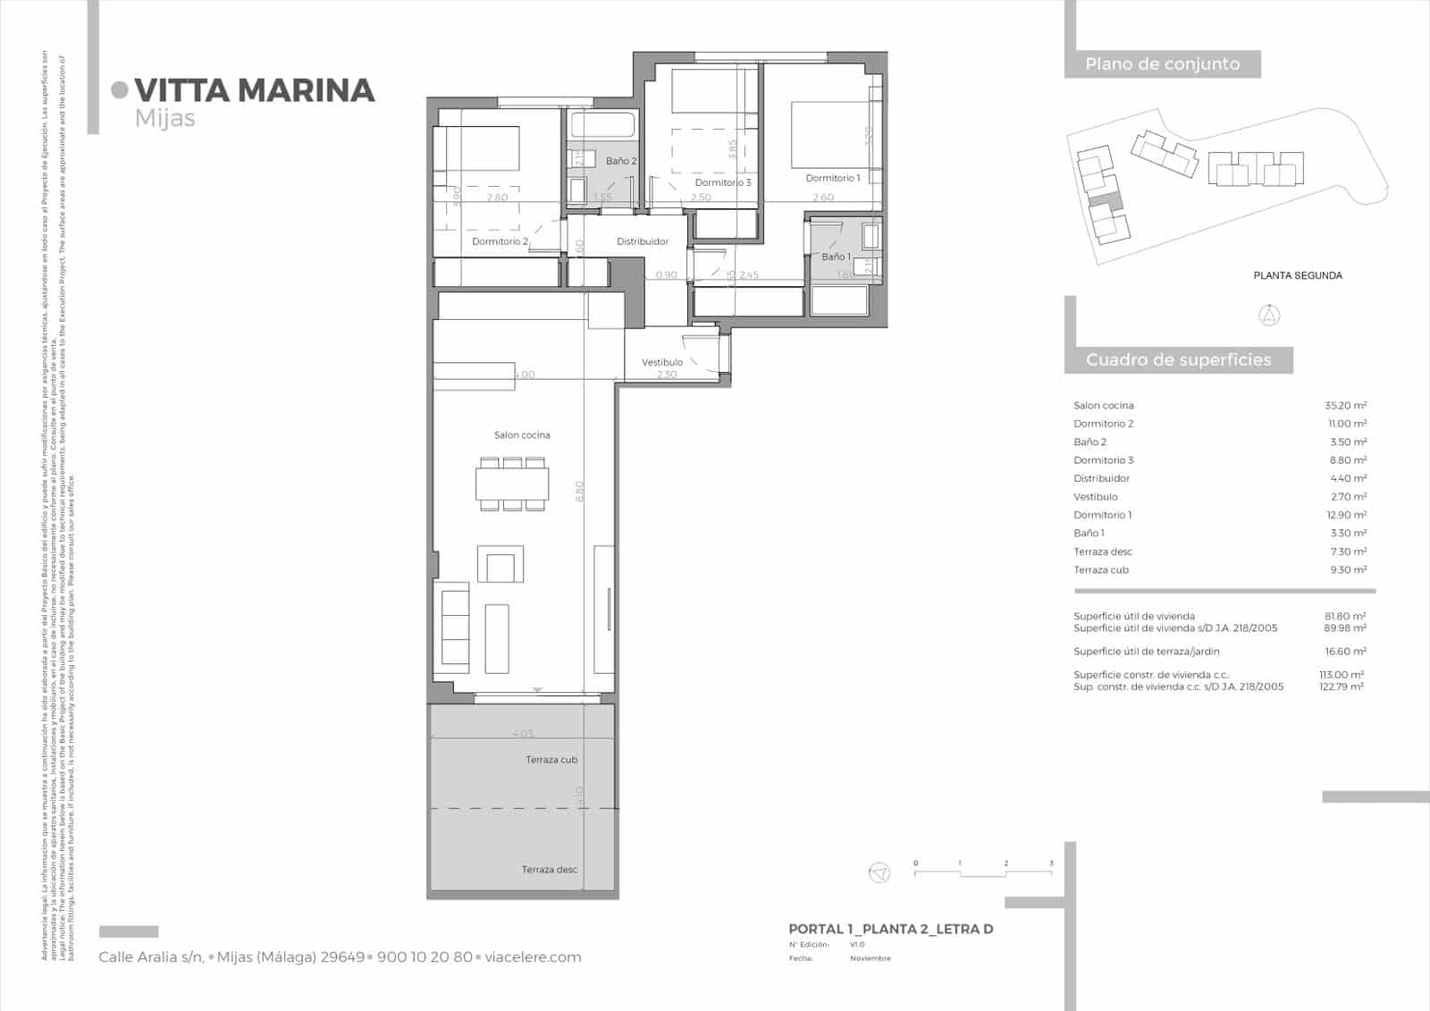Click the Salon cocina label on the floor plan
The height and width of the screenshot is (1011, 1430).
[522, 435]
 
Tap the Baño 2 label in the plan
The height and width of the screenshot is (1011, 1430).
[621, 161]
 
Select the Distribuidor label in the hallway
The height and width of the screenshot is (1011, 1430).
[643, 241]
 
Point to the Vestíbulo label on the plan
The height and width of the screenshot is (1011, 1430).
[662, 362]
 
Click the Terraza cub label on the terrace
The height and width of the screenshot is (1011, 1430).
[551, 760]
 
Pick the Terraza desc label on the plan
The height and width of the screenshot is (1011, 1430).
[550, 869]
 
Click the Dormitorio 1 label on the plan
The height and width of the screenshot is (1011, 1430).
[832, 178]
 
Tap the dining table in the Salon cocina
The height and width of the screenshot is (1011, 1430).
[511, 484]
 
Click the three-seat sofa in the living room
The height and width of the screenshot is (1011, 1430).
[455, 626]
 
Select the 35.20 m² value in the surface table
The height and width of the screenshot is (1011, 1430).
[1345, 406]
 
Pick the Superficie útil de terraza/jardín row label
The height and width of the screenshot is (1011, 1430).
[1147, 652]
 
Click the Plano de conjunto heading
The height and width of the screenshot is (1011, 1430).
[1162, 64]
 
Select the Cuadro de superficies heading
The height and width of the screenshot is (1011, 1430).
[1178, 360]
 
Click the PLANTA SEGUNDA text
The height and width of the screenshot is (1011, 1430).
[1298, 275]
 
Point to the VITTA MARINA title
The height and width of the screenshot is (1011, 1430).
[255, 90]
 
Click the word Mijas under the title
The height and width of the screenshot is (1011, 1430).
[165, 118]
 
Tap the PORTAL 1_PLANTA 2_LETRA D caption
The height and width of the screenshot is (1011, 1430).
[890, 929]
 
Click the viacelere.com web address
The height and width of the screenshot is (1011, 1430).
[533, 956]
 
